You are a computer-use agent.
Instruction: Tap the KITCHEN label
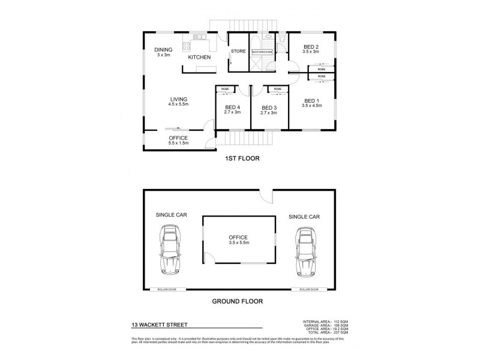pyautogui.click(x=199, y=57)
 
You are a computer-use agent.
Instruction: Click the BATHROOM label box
pyautogui.click(x=262, y=52)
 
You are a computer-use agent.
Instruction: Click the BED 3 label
pyautogui.click(x=269, y=109)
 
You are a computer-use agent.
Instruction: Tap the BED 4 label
pyautogui.click(x=233, y=109)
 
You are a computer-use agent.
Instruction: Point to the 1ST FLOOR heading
pyautogui.click(x=239, y=160)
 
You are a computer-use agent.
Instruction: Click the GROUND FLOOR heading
pyautogui.click(x=239, y=302)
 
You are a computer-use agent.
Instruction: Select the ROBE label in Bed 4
pyautogui.click(x=225, y=89)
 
